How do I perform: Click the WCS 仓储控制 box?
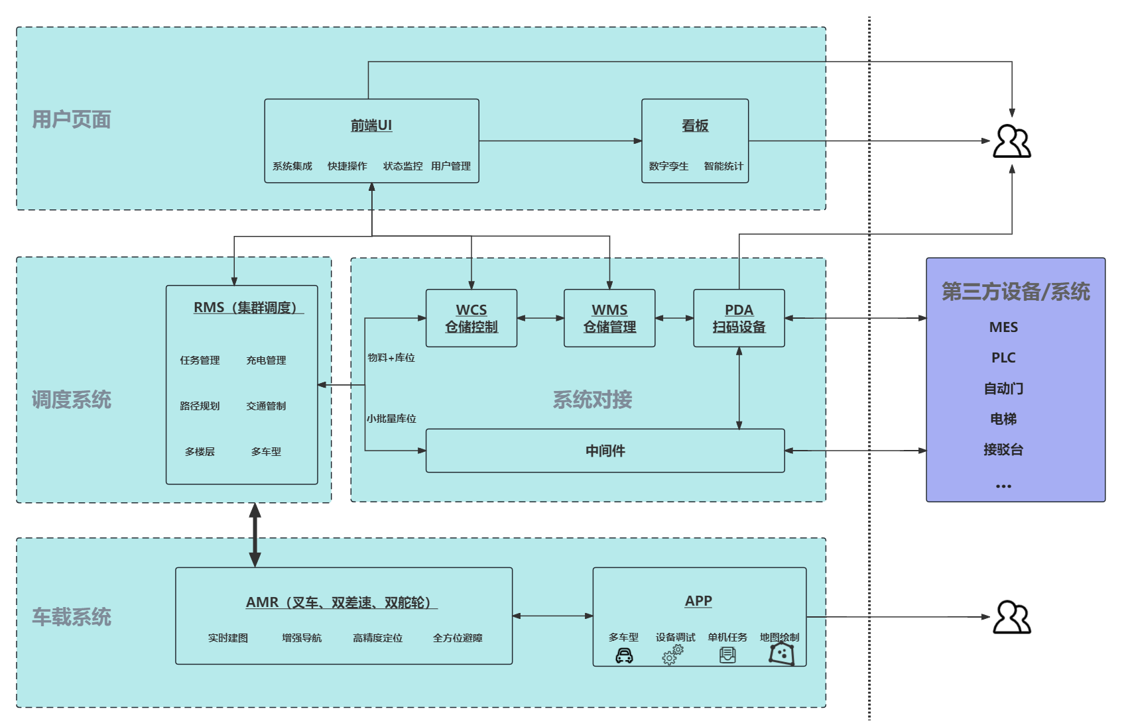coord(471,318)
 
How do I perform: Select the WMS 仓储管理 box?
coord(609,318)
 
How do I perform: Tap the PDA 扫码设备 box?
coord(739,318)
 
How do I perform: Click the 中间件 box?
coord(605,451)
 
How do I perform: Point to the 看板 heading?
coord(695,125)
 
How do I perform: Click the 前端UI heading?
coord(371,125)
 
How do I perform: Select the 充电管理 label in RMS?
coord(266,360)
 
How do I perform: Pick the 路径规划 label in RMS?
coord(200,406)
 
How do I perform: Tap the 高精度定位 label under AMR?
coord(377,638)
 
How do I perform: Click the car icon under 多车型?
coord(624,656)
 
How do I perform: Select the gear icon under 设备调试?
coord(672,655)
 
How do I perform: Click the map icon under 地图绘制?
coord(782,653)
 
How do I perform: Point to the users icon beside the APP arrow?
coord(1011,618)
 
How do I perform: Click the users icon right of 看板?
coord(1011,141)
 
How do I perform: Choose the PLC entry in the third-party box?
coord(1003,358)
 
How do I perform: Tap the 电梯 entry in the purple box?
coord(1003,419)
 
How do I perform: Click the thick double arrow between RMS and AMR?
coord(255,535)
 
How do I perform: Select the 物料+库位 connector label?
coord(391,358)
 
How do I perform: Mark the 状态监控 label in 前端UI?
coord(403,166)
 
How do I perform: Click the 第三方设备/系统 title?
coord(1015,292)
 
